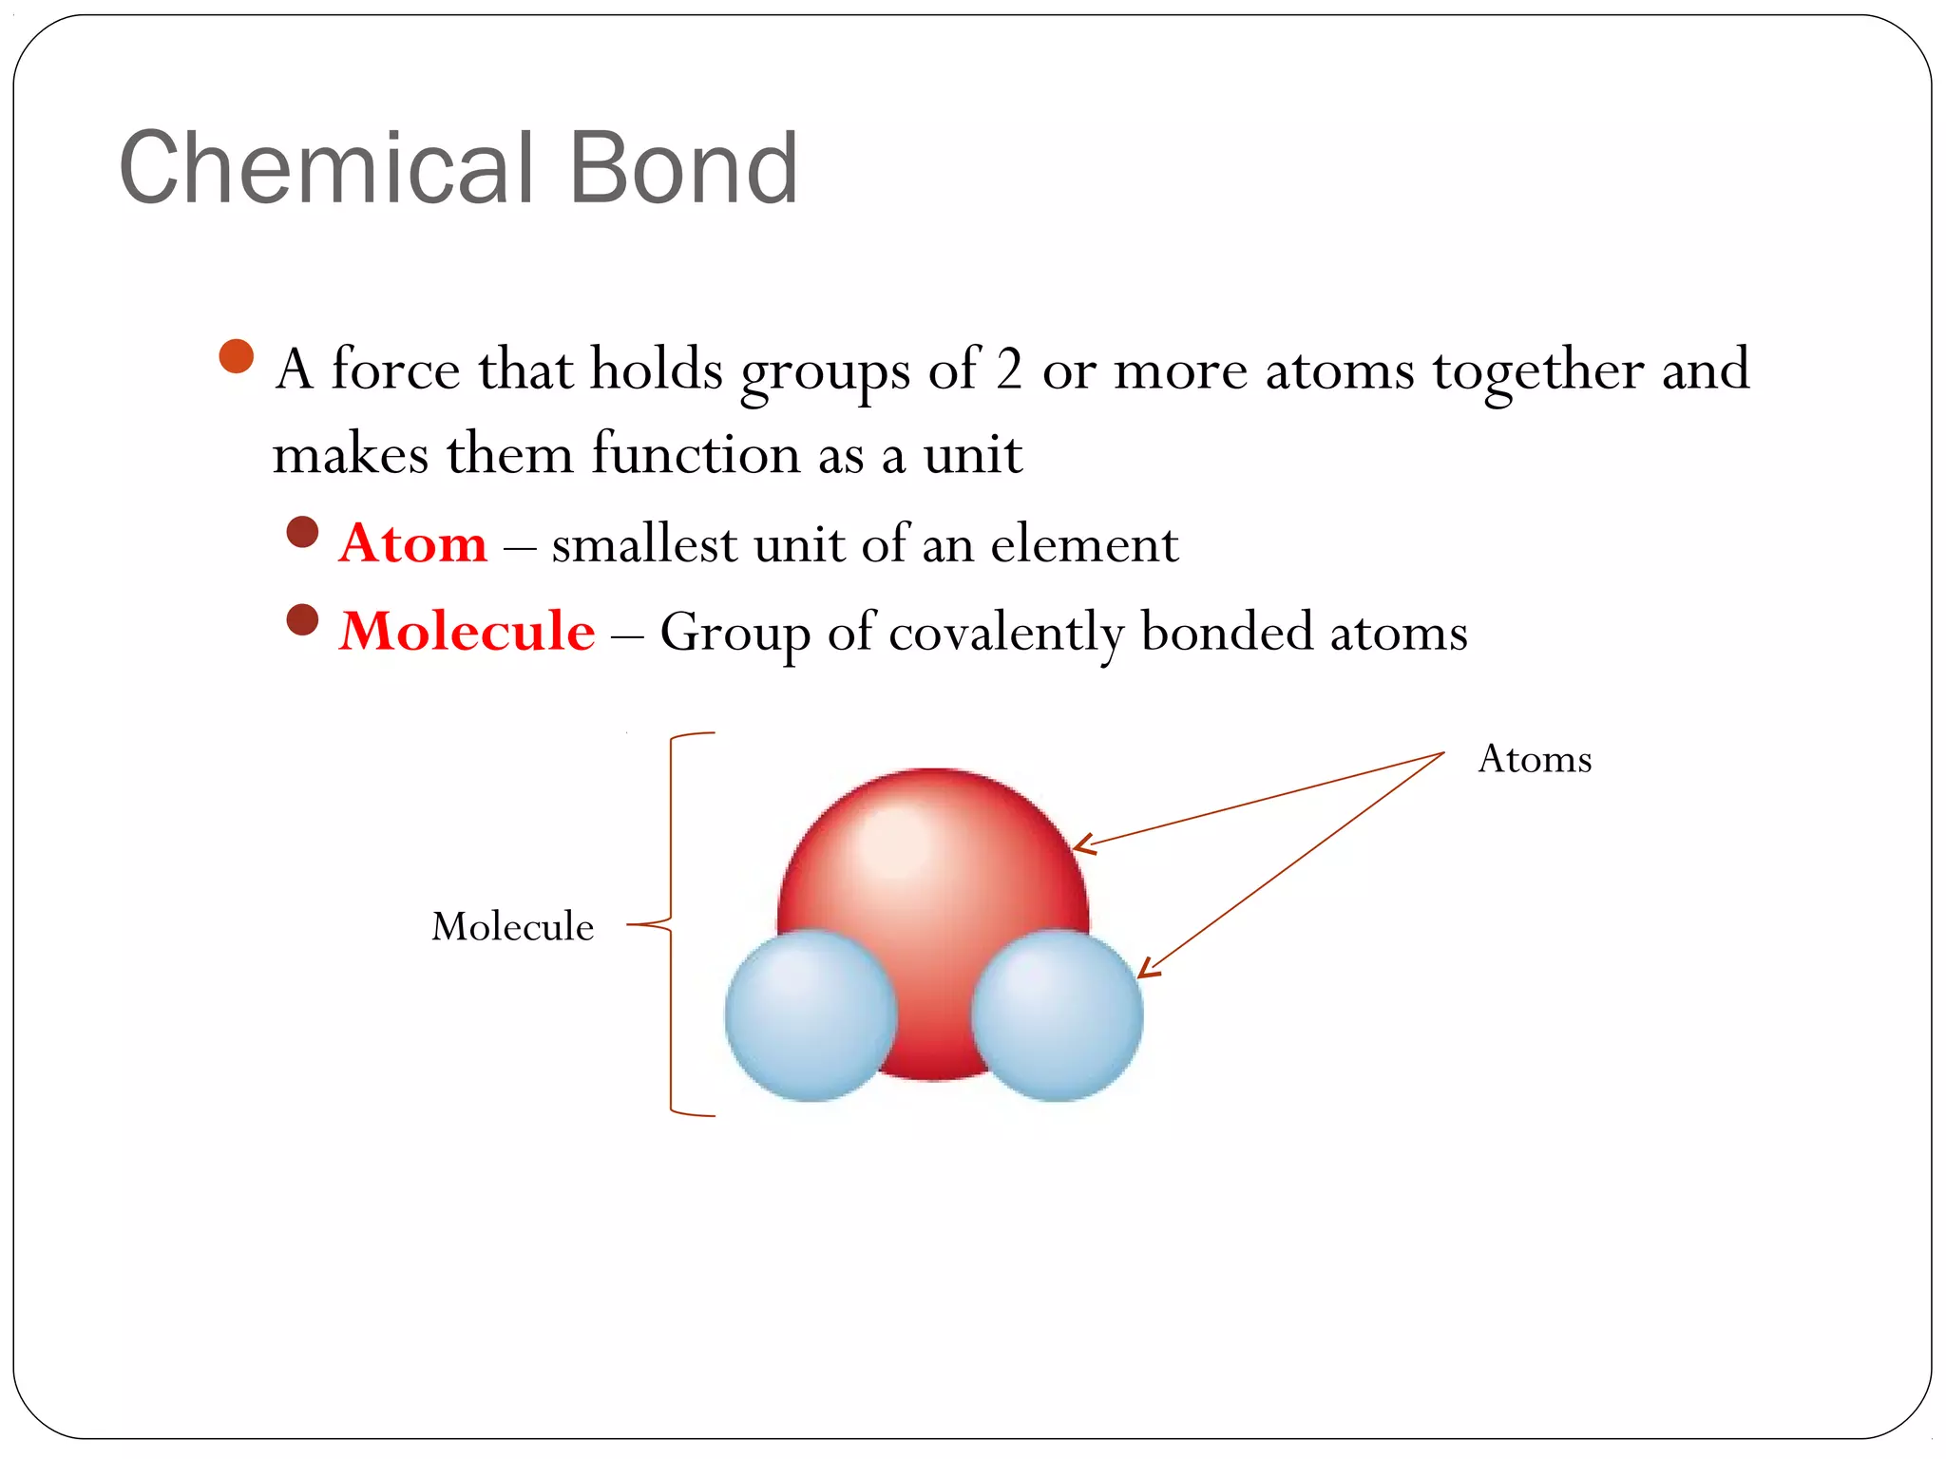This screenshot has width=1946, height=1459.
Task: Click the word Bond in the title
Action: [682, 169]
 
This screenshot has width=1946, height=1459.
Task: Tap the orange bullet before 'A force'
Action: [236, 357]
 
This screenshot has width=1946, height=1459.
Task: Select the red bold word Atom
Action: [412, 543]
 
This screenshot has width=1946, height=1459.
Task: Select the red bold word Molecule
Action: [467, 631]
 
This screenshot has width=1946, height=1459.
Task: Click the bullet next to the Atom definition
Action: [302, 532]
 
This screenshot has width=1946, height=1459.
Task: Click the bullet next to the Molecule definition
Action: [302, 620]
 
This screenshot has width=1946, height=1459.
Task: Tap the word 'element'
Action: [1084, 544]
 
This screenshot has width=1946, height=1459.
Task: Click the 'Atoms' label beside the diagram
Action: [1535, 759]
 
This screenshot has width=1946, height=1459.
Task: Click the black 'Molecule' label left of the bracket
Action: [512, 926]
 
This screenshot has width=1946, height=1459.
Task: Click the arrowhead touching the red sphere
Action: [1081, 843]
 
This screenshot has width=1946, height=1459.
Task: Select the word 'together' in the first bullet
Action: [1538, 370]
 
